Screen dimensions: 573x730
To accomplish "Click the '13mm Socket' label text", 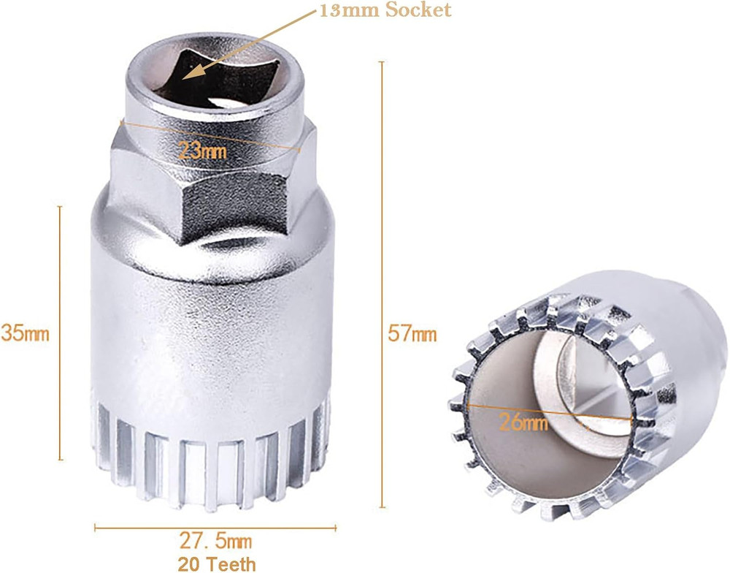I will pyautogui.click(x=385, y=10).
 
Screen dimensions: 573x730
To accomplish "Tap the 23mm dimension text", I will pyautogui.click(x=202, y=151).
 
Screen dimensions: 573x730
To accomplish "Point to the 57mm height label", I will pyautogui.click(x=414, y=334).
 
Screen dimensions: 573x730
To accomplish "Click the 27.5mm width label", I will pyautogui.click(x=215, y=542).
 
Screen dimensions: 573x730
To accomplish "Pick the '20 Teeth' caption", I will pyautogui.click(x=218, y=563).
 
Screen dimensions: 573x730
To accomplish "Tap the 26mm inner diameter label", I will pyautogui.click(x=523, y=422).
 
